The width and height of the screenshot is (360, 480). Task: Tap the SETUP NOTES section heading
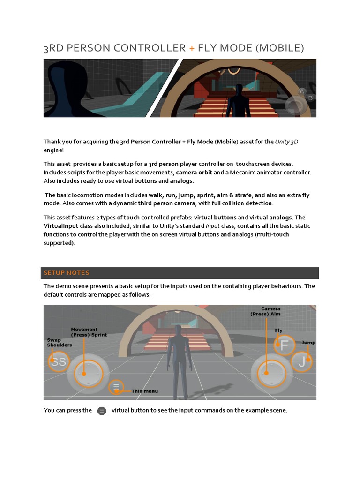pos(67,273)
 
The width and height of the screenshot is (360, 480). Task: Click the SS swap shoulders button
pos(59,362)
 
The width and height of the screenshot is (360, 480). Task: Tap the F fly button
pos(284,346)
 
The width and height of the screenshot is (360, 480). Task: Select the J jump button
pos(301,361)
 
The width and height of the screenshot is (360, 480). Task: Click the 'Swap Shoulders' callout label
pos(60,342)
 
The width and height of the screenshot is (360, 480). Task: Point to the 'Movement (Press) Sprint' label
pos(89,332)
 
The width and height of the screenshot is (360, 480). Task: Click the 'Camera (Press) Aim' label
pos(270,311)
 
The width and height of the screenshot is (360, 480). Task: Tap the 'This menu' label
pos(144,391)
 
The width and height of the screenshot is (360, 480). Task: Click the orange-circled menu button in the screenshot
pos(117,387)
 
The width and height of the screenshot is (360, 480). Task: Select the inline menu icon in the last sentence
pos(102,411)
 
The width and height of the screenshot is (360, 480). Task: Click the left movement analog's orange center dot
pos(83,374)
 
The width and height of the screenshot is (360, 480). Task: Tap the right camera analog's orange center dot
pos(266,373)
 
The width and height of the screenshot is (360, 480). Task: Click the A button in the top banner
pos(302,91)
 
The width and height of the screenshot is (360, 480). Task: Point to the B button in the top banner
pos(310,98)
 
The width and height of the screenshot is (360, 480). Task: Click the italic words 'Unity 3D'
pos(286,142)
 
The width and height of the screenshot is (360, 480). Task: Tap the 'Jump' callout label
pos(308,342)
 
